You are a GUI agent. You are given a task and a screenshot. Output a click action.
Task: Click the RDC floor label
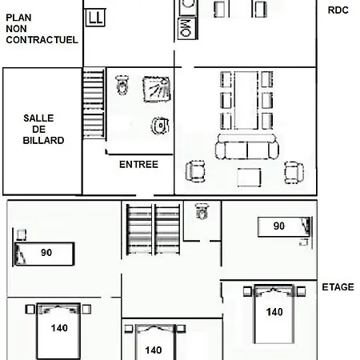pyautogui.click(x=338, y=10)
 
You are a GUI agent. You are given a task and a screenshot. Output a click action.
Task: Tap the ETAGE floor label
pyautogui.click(x=338, y=287)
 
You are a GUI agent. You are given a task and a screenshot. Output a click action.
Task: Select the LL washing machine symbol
pyautogui.click(x=95, y=18)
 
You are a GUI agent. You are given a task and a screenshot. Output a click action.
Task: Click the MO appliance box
pyautogui.click(x=187, y=28)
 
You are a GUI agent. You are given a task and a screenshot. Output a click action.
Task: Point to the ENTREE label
pyautogui.click(x=138, y=165)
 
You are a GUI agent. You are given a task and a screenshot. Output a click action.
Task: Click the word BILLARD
pyautogui.click(x=43, y=141)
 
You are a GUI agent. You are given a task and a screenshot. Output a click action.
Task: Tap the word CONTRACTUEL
pyautogui.click(x=42, y=40)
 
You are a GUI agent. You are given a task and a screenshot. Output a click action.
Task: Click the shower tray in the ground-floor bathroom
pyautogui.click(x=157, y=89)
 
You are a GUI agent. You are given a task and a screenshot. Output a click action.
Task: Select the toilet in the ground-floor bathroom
pyautogui.click(x=122, y=85)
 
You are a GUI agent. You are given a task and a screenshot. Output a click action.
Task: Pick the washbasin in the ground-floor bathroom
pyautogui.click(x=160, y=126)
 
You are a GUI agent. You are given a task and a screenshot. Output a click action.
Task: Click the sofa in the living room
pyautogui.click(x=247, y=146)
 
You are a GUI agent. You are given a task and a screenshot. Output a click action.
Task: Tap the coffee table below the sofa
pyautogui.click(x=249, y=177)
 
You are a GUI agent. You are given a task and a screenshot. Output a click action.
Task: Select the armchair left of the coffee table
pyautogui.click(x=195, y=171)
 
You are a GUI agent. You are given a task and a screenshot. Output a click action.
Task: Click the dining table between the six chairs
pyautogui.click(x=246, y=100)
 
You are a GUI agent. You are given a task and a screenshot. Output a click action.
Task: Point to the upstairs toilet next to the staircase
pyautogui.click(x=202, y=211)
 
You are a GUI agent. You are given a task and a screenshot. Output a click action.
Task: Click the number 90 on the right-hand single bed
pyautogui.click(x=279, y=226)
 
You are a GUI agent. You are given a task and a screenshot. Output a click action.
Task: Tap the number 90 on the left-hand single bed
pyautogui.click(x=46, y=253)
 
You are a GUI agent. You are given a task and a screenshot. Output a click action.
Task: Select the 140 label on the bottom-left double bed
pyautogui.click(x=59, y=328)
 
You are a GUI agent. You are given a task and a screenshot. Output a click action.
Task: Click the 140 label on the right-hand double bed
pyautogui.click(x=274, y=312)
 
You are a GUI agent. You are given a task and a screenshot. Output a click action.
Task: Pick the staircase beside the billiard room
pyautogui.click(x=94, y=103)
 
